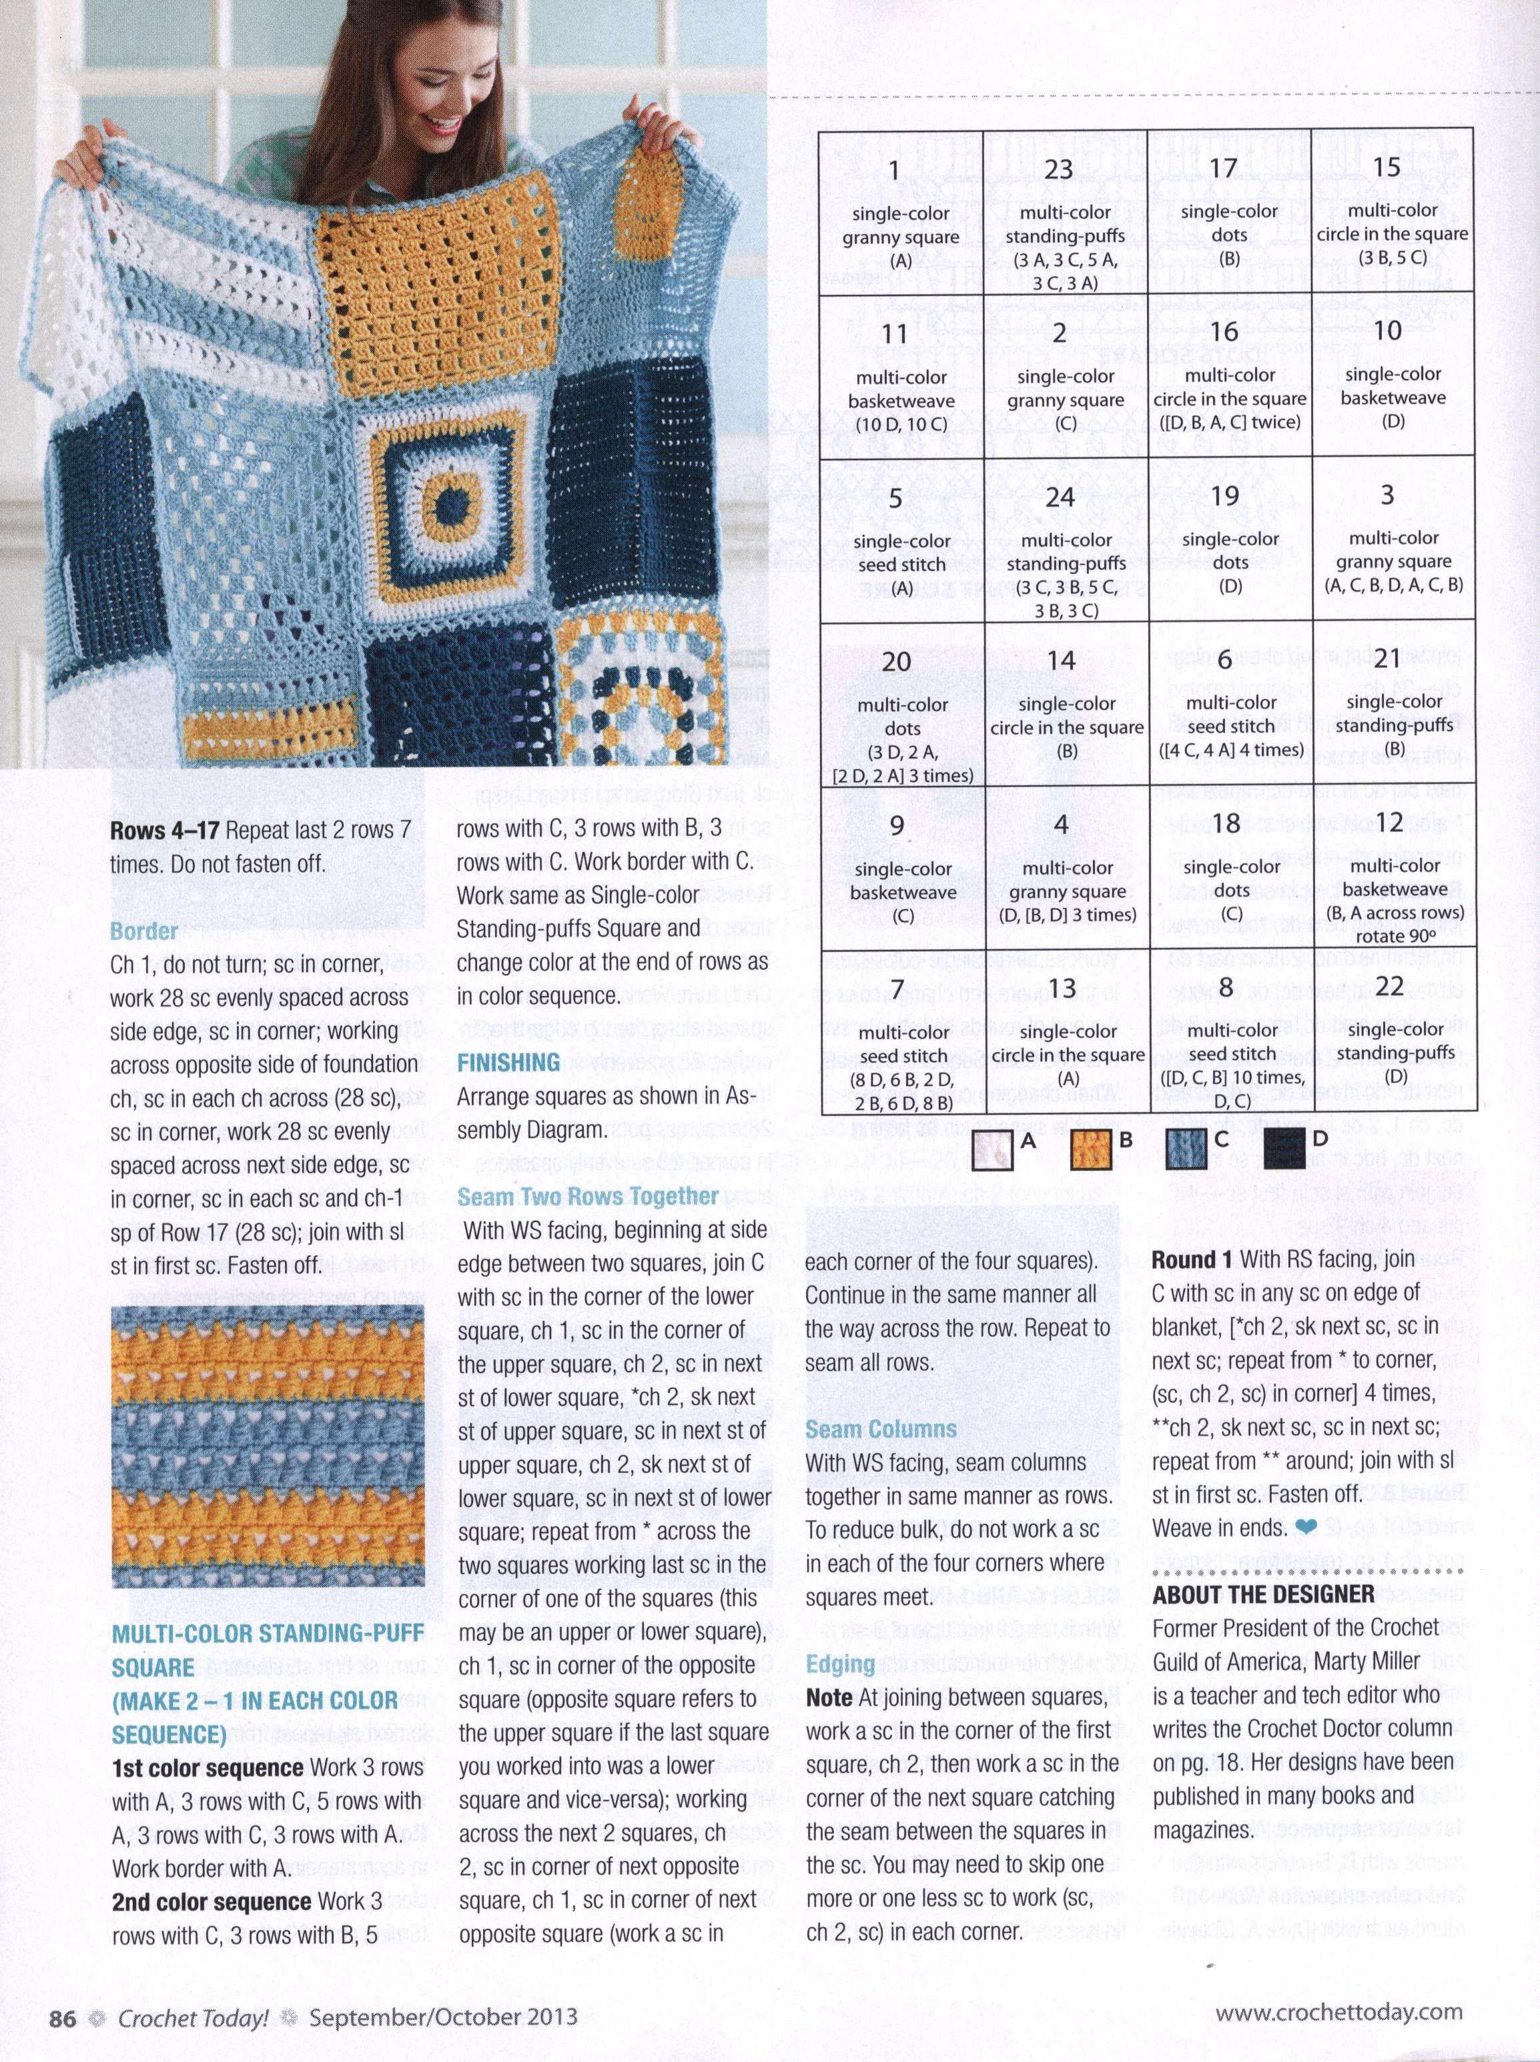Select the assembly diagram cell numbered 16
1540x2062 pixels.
coord(1230,378)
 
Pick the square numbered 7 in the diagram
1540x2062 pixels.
coord(901,1034)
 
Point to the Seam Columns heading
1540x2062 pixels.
coord(881,1430)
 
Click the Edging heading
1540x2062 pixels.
coord(840,1664)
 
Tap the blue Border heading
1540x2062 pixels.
coord(143,931)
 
